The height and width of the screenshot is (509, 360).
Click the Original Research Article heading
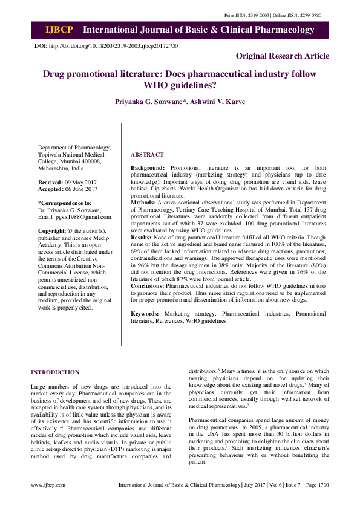[x=283, y=56]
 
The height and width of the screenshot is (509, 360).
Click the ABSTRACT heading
[x=147, y=155]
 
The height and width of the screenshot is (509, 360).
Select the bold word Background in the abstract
[x=148, y=167]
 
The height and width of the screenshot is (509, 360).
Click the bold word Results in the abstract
[x=142, y=238]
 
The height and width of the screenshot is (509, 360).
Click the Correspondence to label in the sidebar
[x=65, y=203]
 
